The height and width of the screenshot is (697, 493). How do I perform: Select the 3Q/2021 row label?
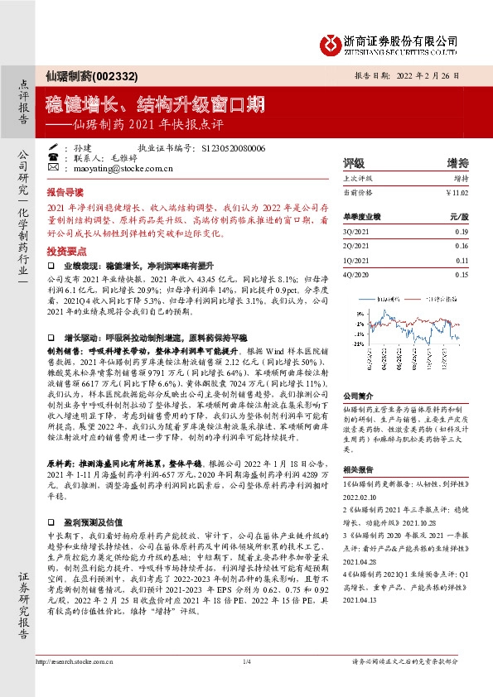tap(355, 231)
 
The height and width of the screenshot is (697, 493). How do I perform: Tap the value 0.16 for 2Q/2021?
tap(462, 246)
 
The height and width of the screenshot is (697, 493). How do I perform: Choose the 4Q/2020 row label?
tap(355, 274)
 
